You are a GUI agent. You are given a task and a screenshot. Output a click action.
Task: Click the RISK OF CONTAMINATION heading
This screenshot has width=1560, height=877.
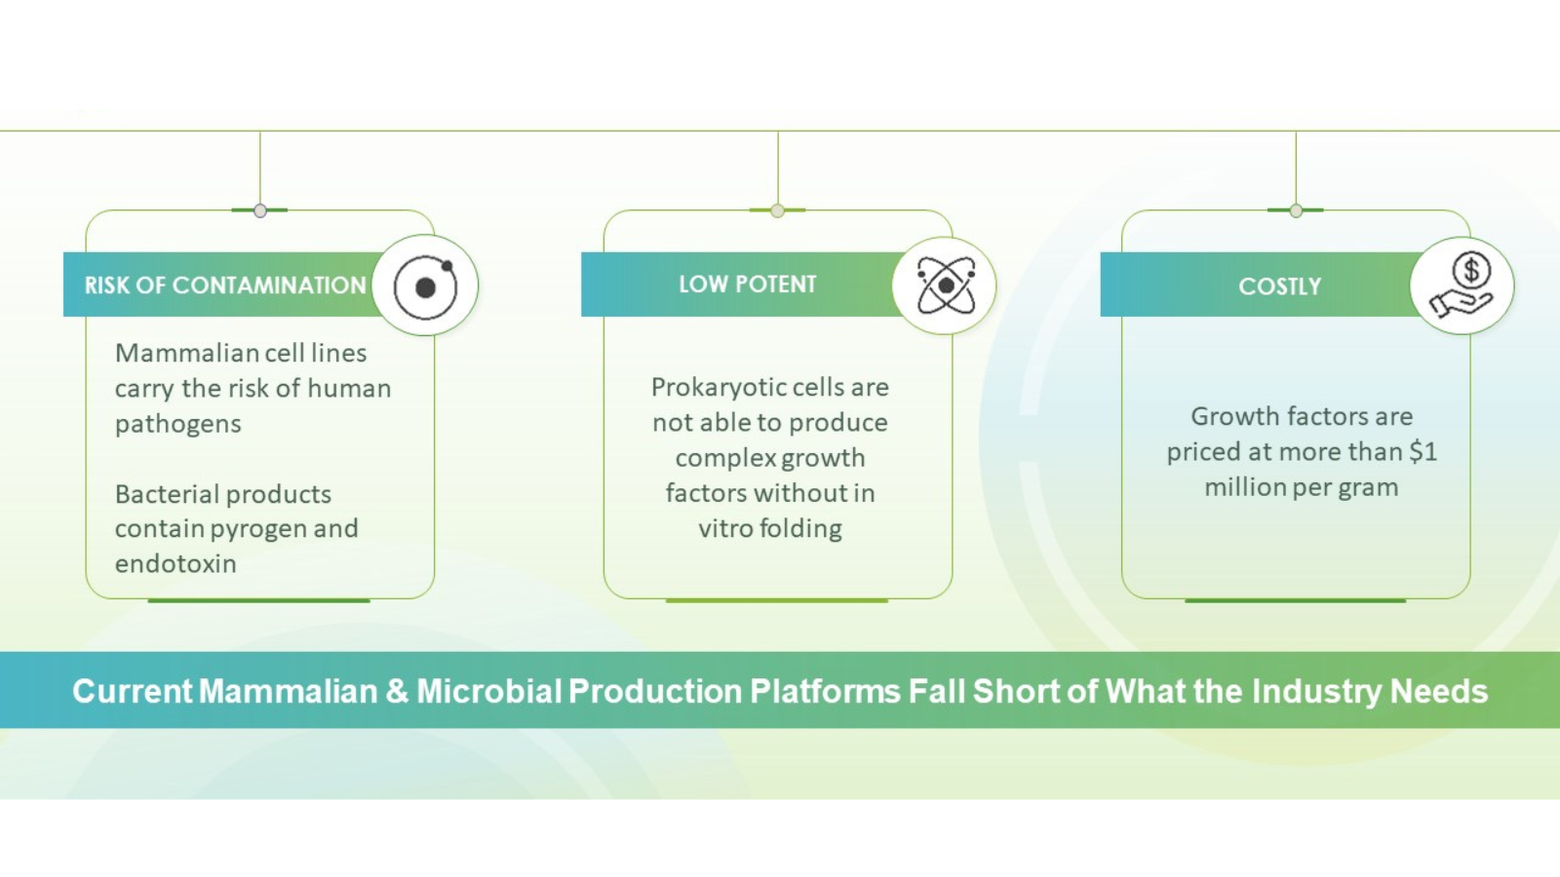(x=225, y=286)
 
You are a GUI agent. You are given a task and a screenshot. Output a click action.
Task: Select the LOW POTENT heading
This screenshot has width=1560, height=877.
(x=747, y=285)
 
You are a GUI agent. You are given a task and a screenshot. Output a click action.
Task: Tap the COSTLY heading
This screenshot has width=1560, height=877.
(x=1279, y=286)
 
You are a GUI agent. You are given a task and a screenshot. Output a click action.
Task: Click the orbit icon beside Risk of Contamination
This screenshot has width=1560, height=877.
(x=425, y=286)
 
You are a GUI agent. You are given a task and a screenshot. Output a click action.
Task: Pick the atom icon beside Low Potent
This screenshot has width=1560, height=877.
(x=944, y=286)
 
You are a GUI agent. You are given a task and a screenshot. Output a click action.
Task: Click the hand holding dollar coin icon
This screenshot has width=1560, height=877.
(x=1462, y=286)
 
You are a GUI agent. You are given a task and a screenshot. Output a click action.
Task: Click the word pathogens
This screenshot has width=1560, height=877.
(x=177, y=424)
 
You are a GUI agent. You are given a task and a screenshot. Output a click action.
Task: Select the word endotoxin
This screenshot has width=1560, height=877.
(x=175, y=564)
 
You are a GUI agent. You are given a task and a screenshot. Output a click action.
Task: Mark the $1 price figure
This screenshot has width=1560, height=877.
(x=1423, y=452)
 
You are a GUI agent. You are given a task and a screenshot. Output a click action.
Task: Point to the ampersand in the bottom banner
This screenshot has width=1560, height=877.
(x=397, y=691)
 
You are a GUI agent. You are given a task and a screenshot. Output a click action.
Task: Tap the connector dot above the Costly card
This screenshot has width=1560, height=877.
(x=1296, y=210)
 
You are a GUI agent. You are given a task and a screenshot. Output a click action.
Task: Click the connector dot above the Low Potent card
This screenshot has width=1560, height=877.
(x=777, y=210)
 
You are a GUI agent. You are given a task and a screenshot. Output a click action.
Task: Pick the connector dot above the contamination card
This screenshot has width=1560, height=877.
(x=260, y=210)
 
